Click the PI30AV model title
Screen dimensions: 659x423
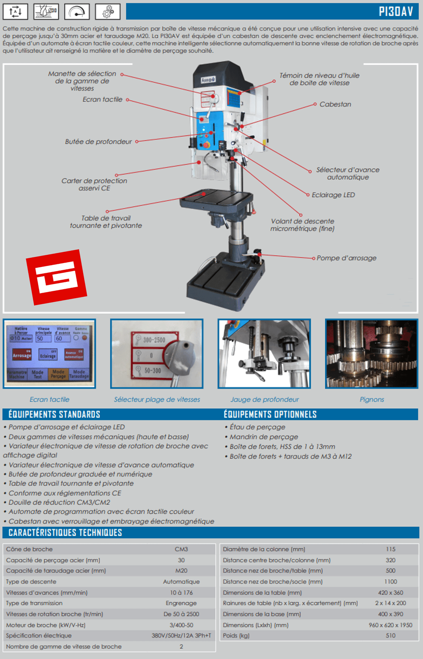click(x=396, y=11)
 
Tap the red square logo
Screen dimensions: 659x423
click(x=56, y=277)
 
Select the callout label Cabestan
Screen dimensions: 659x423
click(x=335, y=104)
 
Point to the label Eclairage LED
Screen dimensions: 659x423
click(x=333, y=195)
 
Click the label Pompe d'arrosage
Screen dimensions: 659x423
click(x=346, y=258)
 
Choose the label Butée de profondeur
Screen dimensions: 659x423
click(x=98, y=142)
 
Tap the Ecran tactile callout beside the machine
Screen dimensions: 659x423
click(x=103, y=100)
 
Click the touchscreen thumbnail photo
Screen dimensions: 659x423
click(x=49, y=354)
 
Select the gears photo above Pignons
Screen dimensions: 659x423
click(x=372, y=354)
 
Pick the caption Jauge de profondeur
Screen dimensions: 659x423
click(x=264, y=399)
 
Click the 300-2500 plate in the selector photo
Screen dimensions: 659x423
click(x=154, y=340)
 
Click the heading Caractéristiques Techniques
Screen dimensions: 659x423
click(x=65, y=533)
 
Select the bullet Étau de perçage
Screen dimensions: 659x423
click(x=257, y=427)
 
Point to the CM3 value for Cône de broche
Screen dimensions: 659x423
click(x=181, y=549)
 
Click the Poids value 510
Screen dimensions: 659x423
click(x=390, y=635)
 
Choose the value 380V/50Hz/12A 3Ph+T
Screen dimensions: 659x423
click(x=181, y=635)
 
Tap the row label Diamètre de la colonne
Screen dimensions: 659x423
click(x=264, y=549)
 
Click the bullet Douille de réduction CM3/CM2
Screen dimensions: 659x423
click(x=59, y=502)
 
